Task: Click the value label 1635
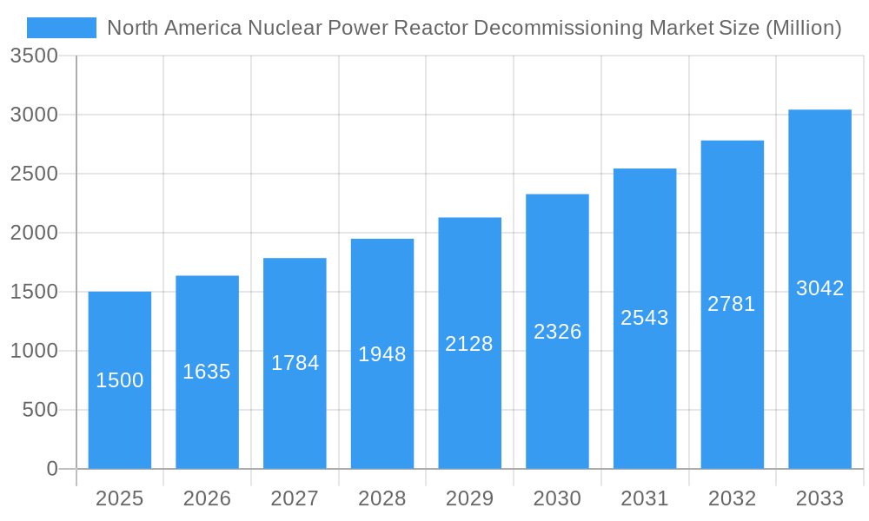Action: coord(207,372)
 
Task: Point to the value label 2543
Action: coord(645,318)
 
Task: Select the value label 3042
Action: coord(819,288)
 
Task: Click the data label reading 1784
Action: coord(295,363)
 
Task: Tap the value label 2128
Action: coord(469,344)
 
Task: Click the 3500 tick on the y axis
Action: coord(34,56)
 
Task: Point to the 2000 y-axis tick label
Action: coord(34,233)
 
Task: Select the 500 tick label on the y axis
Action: coord(40,410)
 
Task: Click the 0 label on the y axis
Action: coord(51,469)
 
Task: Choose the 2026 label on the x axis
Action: coord(207,498)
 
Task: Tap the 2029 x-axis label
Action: coord(469,498)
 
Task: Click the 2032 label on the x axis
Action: coord(732,498)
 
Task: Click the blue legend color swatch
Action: coord(62,28)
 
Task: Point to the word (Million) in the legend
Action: coord(803,29)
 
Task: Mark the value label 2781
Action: coord(732,304)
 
